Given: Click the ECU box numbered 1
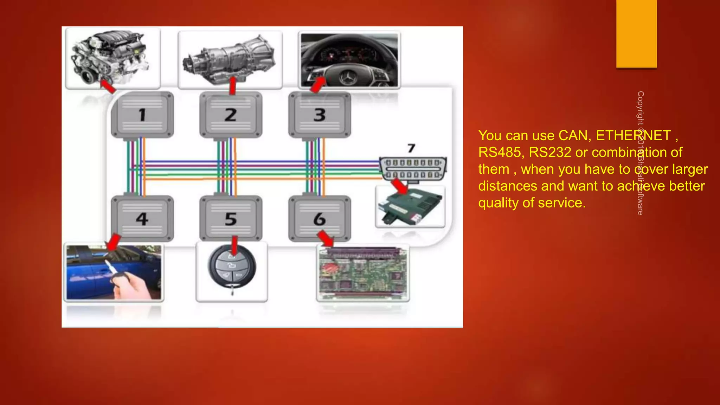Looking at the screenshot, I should (x=142, y=115).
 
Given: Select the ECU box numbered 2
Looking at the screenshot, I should (x=231, y=115).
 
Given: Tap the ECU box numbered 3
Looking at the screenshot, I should (x=320, y=115).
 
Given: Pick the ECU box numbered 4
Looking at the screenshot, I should (x=142, y=219).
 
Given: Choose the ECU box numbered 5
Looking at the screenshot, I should (x=231, y=219).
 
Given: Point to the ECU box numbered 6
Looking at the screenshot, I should (x=320, y=219).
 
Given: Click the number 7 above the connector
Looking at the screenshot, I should (x=411, y=148).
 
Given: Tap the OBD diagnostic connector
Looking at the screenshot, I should (x=413, y=169).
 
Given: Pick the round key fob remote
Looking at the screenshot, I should (x=232, y=267).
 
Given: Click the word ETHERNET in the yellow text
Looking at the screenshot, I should (x=633, y=136).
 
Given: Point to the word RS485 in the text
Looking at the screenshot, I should (x=499, y=153).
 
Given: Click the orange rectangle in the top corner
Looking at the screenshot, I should (x=636, y=33).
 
